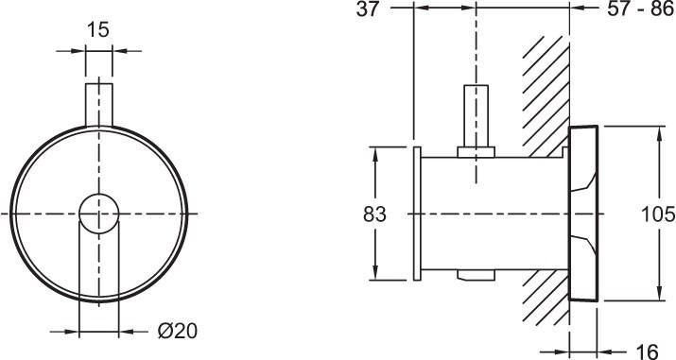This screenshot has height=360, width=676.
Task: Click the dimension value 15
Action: [98, 30]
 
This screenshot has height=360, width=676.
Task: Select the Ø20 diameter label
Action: [177, 331]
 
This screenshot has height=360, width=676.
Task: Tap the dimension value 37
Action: [368, 9]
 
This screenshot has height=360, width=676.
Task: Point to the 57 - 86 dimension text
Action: [640, 9]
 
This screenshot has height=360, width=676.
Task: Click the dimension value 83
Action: [374, 214]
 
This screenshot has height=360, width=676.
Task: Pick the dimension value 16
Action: [647, 351]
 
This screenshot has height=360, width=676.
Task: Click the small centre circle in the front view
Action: [98, 214]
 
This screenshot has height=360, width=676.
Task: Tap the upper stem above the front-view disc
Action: [98, 105]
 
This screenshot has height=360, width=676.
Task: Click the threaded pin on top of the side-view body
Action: [476, 116]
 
